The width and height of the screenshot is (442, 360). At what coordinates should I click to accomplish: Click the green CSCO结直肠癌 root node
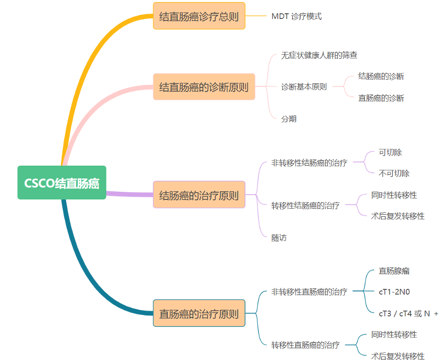click(61, 183)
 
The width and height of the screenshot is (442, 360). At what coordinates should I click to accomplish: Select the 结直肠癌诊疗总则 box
click(199, 16)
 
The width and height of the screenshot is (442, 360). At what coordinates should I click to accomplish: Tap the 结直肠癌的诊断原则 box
click(204, 87)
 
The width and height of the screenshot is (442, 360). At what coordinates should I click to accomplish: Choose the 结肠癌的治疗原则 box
click(199, 195)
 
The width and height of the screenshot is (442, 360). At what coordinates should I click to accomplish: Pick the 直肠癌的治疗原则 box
click(199, 313)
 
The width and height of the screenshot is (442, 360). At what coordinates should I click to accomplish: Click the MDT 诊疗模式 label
click(296, 16)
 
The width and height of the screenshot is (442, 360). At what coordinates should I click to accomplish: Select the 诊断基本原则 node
click(304, 87)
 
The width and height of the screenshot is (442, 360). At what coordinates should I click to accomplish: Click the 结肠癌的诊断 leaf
click(381, 76)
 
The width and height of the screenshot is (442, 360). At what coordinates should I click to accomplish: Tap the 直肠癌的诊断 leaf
click(381, 98)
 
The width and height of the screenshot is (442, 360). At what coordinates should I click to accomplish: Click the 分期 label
click(289, 119)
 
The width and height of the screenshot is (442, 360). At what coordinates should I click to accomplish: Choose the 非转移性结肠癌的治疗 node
click(309, 163)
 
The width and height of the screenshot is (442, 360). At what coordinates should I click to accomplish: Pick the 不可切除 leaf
click(394, 173)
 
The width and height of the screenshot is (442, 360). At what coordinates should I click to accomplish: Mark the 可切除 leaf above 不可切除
click(390, 152)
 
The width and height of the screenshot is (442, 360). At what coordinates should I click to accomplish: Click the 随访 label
click(279, 238)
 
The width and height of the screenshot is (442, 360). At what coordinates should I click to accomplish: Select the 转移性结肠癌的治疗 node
click(305, 206)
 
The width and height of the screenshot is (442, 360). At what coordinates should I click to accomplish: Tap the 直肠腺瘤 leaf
click(394, 271)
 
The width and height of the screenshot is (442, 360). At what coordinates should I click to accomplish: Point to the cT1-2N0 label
click(394, 292)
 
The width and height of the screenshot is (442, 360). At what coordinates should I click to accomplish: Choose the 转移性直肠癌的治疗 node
click(305, 345)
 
